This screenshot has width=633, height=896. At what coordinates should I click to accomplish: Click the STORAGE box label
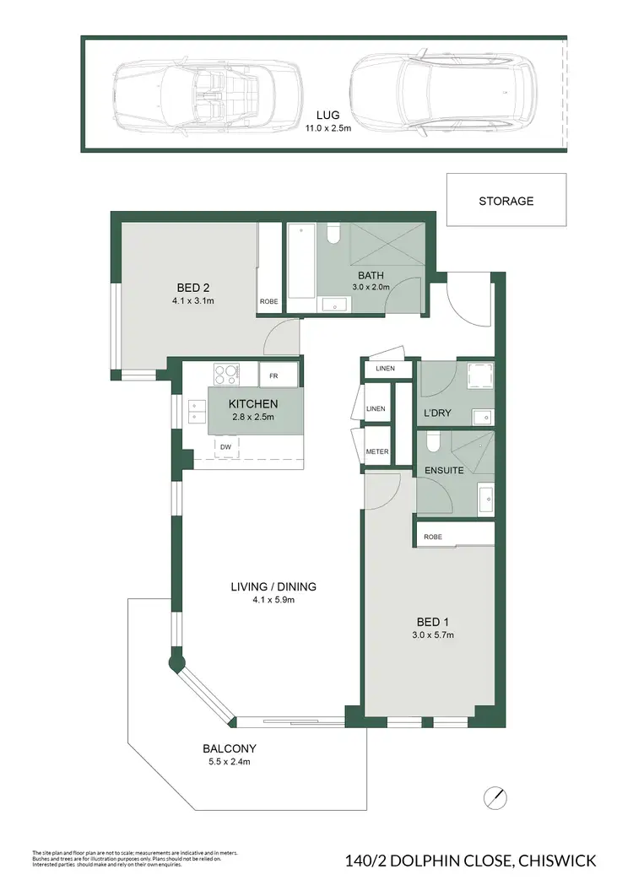(x=506, y=201)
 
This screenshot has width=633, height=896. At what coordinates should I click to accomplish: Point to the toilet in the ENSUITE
(x=432, y=442)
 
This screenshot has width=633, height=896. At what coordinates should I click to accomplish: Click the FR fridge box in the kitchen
(x=274, y=376)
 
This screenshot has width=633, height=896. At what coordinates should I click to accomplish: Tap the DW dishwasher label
(x=226, y=447)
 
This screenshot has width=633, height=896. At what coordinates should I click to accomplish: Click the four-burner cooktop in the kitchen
(x=225, y=373)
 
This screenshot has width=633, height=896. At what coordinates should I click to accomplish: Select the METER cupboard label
(x=376, y=451)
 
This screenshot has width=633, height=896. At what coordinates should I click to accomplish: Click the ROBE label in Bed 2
(x=269, y=300)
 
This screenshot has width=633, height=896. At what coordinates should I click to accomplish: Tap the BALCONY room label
(x=229, y=748)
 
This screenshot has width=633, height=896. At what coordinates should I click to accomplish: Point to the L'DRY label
(x=439, y=413)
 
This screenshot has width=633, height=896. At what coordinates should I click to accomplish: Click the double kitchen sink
(x=195, y=411)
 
